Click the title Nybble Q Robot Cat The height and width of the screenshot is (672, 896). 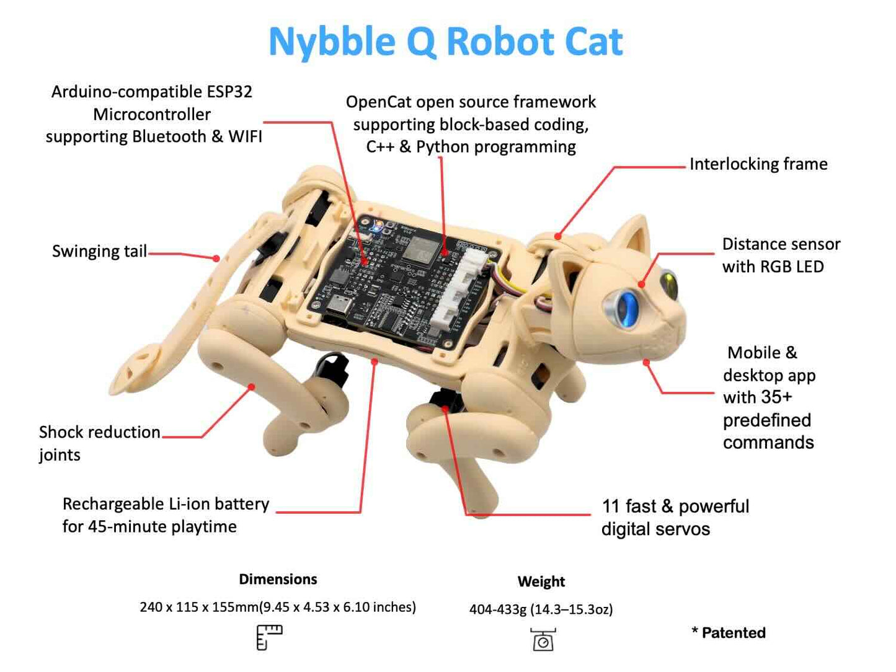pos(445,42)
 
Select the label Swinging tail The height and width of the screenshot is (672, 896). pos(99,251)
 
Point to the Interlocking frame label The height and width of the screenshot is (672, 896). pos(758,164)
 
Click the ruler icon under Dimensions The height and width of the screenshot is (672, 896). pos(269,637)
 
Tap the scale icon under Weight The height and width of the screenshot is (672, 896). pos(543,640)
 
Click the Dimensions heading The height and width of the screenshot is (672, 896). pos(278,580)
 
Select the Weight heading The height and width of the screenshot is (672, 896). pos(541,581)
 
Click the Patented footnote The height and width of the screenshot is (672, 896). pos(729,633)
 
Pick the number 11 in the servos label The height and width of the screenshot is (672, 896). pos(611,506)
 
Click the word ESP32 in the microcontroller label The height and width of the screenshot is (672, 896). pos(229,92)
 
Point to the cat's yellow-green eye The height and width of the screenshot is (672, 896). pos(669,285)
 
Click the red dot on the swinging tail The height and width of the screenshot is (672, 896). pos(216,259)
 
